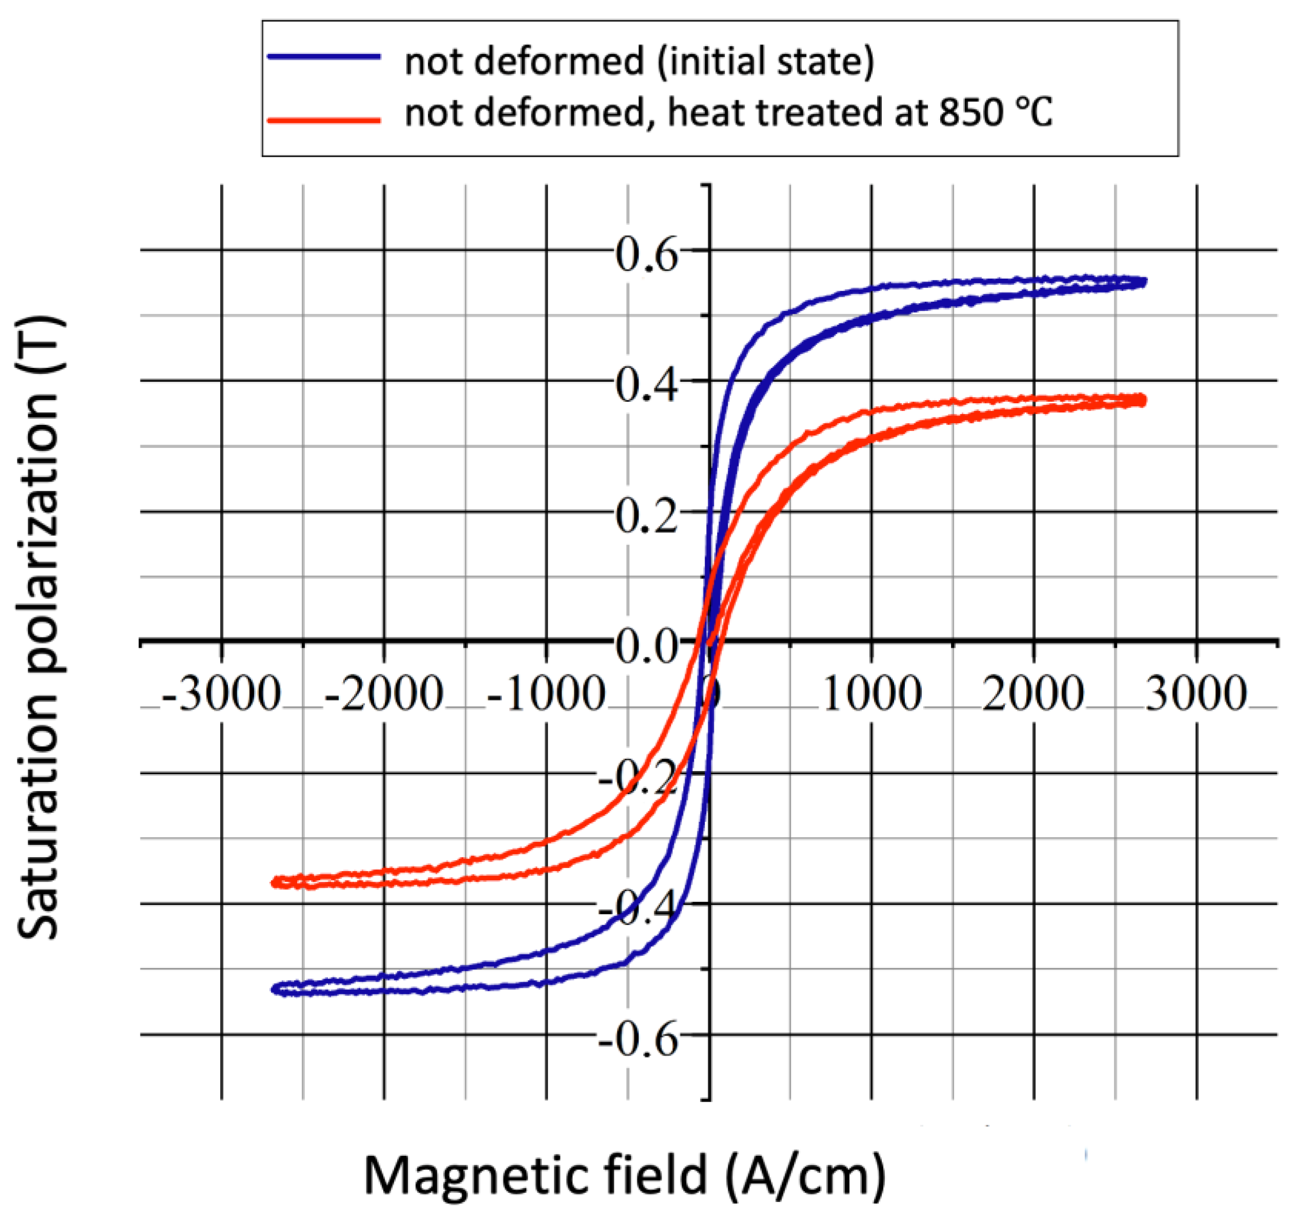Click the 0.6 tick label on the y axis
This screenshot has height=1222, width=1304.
646,255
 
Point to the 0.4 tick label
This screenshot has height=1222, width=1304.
646,386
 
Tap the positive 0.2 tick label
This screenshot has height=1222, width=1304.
646,517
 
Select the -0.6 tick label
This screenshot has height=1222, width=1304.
637,1041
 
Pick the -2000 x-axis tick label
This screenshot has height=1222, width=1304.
384,694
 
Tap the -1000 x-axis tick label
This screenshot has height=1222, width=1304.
546,694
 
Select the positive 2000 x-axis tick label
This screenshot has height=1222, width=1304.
1034,694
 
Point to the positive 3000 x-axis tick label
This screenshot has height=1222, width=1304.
1196,694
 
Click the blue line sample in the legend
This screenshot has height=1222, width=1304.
324,57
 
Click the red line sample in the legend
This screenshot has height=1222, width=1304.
324,120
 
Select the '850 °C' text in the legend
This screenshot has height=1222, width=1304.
995,112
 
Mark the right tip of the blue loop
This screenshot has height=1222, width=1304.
1145,282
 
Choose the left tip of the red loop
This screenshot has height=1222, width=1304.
274,882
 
